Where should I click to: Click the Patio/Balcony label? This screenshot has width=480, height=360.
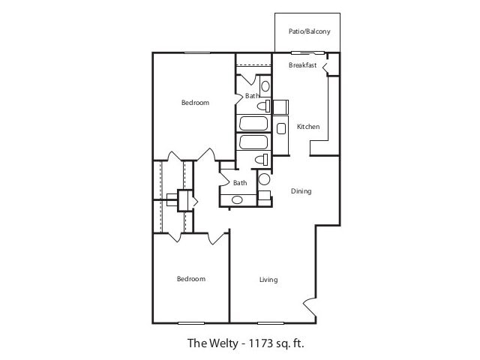coord(309,31)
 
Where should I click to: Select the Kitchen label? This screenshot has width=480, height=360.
coord(308,127)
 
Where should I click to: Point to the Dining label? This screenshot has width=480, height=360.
coord(301,191)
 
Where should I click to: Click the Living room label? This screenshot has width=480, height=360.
coord(268,280)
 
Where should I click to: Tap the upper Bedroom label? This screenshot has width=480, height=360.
coord(195,102)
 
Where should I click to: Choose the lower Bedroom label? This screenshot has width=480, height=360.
coord(190,279)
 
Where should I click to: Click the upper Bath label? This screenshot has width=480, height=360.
coord(251,96)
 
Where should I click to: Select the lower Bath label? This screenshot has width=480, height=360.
coord(240,183)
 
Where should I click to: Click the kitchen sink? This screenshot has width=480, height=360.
coord(281,128)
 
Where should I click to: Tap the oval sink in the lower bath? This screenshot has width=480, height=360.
coord(237,199)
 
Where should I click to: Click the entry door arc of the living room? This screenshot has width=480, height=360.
coord(310,307)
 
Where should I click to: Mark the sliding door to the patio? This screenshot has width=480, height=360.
coord(307,52)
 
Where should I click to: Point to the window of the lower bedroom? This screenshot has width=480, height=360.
coord(190,322)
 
